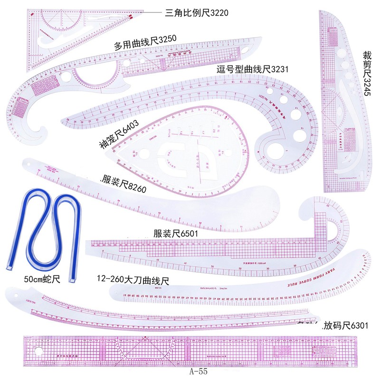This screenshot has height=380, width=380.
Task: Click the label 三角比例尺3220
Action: pos(196,12)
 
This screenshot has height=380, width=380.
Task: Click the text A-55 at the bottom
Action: pos(197,372)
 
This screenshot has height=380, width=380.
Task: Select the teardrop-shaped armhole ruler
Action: pos(190,152)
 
